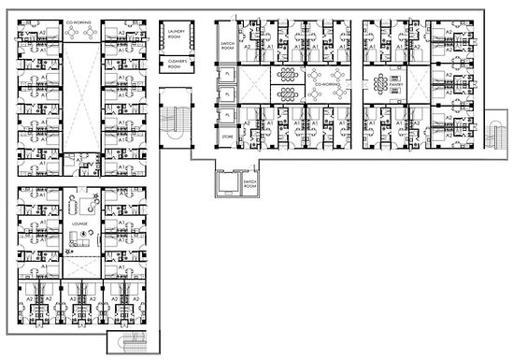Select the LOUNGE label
point(78,225)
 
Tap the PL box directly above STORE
point(226,115)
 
